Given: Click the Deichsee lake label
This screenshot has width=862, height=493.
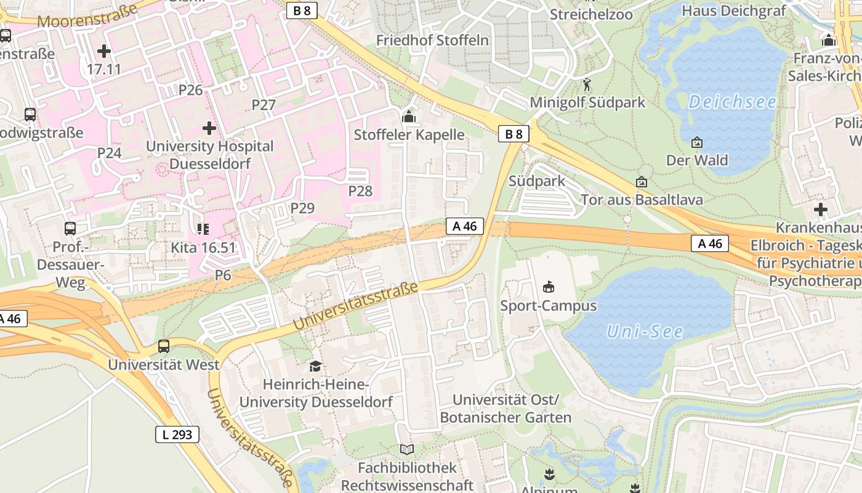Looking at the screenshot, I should click(x=731, y=102).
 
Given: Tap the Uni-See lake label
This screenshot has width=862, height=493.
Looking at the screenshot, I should click(x=645, y=332).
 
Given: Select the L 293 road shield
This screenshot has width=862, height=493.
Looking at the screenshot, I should click(x=177, y=434).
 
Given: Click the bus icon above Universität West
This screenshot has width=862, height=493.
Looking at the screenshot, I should click(x=163, y=346).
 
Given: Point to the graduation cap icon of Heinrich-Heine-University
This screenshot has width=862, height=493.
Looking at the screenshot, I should click(x=315, y=366).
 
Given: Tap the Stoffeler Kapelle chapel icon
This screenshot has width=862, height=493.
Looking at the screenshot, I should click(x=408, y=116).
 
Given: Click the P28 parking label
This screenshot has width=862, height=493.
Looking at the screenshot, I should click(x=360, y=191).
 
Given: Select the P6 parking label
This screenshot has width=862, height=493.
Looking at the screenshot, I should click(x=223, y=275).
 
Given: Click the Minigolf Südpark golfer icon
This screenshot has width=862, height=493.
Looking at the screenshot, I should click(x=587, y=84).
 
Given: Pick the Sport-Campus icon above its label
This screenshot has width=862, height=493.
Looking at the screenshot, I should click(x=548, y=287).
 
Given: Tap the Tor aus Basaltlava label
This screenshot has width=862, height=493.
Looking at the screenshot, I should click(x=642, y=200).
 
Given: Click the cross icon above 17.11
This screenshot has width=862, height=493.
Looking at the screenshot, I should click(x=103, y=51).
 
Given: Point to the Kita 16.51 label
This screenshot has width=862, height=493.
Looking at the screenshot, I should click(x=203, y=248).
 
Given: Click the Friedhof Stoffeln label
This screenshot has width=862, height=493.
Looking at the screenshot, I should click(x=432, y=41).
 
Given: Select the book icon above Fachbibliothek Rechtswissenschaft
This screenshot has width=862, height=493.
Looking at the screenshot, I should click(x=407, y=449).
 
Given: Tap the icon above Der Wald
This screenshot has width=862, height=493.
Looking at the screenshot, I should click(x=696, y=143).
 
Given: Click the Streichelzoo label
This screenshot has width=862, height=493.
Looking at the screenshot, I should click(x=591, y=15).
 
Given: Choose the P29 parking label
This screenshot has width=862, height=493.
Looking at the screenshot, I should click(x=302, y=208).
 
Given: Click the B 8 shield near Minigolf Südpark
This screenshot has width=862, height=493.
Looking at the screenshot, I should click(x=514, y=134).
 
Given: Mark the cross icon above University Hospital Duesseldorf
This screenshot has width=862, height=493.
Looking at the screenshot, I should click(x=209, y=128).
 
